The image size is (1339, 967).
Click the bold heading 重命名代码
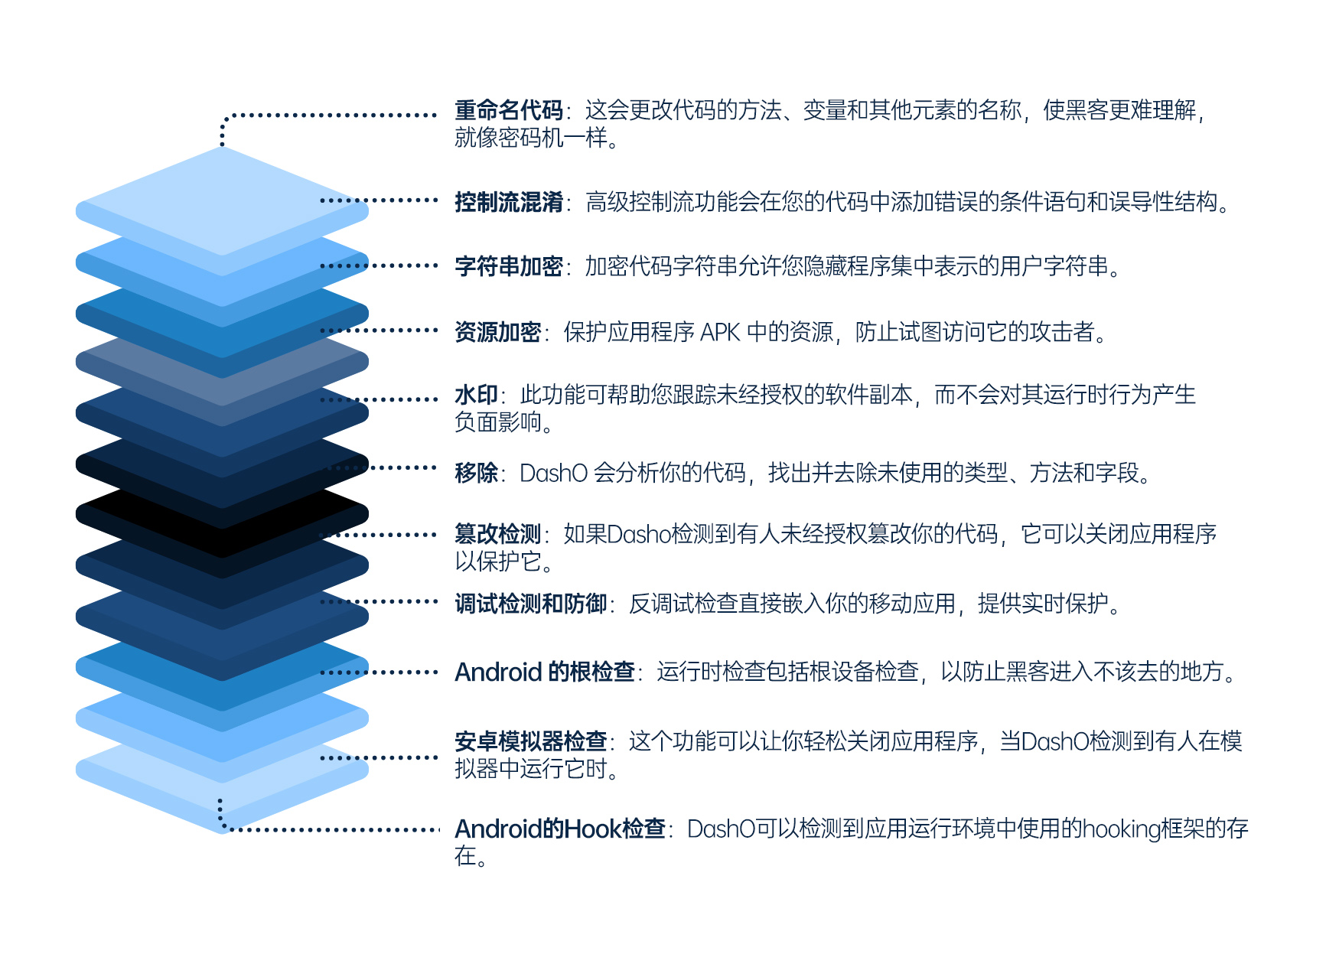pos(509,110)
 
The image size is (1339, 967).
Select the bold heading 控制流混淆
pos(509,202)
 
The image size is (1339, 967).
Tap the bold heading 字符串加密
pos(509,266)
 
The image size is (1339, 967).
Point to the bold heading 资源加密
pos(498,332)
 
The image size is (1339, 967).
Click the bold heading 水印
pos(476,395)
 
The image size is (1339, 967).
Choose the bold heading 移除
pos(476,473)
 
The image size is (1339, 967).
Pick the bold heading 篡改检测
pos(498,534)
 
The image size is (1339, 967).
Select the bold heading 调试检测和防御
pos(531,604)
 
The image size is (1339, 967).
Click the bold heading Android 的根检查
pos(545,672)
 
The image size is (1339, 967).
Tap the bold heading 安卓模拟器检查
pos(531,741)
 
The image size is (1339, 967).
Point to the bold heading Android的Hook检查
pos(560,829)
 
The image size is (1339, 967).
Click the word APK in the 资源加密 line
pos(720,333)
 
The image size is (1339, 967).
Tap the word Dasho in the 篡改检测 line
pos(639,535)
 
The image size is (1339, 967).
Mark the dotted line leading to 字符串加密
pos(379,266)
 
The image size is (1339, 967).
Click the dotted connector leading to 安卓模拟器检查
pos(379,758)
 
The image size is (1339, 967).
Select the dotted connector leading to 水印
pos(379,399)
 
